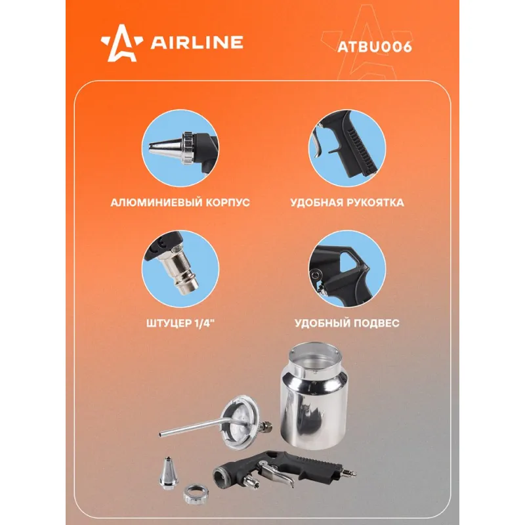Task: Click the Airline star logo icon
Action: (x=122, y=43)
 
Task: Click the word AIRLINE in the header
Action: (x=197, y=42)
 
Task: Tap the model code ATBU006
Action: (x=375, y=47)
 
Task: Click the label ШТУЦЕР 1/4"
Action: (x=180, y=323)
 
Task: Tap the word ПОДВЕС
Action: (x=377, y=323)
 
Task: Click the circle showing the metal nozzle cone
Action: (x=180, y=148)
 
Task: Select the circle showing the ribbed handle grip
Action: (x=347, y=148)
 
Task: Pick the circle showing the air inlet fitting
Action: (x=180, y=269)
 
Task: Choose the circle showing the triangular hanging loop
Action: (x=347, y=269)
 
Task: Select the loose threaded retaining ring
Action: (x=196, y=495)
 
